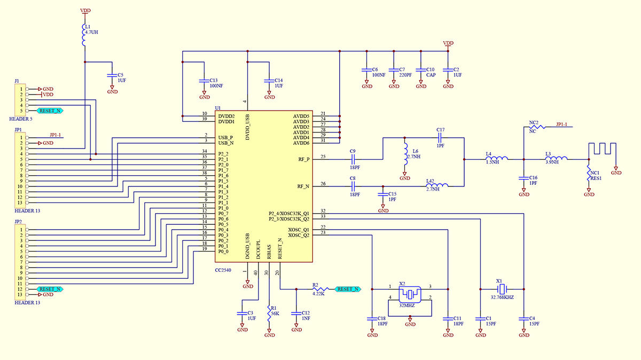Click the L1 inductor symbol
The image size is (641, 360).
tap(84, 35)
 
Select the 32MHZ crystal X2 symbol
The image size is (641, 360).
tap(410, 294)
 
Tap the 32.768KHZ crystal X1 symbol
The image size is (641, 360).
tap(502, 289)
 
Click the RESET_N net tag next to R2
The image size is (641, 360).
tap(348, 289)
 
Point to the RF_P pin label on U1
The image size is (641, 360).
tap(303, 159)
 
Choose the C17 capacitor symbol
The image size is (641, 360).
tap(440, 138)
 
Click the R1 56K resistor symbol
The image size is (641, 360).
tap(269, 314)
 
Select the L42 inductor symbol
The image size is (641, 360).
tap(437, 185)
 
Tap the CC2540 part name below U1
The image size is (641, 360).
tap(223, 270)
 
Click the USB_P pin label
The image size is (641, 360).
tap(225, 138)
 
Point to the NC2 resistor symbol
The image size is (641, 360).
tap(537, 127)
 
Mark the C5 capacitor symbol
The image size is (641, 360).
tap(112, 75)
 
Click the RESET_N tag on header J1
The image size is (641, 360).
tap(50, 111)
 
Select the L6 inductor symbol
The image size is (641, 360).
tap(405, 154)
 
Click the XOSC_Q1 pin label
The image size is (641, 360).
tap(299, 230)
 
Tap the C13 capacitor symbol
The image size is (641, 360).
tap(204, 81)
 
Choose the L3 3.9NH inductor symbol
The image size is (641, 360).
tap(556, 158)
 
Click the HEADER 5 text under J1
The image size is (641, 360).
tap(21, 119)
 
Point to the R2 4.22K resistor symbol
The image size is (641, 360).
tap(320, 289)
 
